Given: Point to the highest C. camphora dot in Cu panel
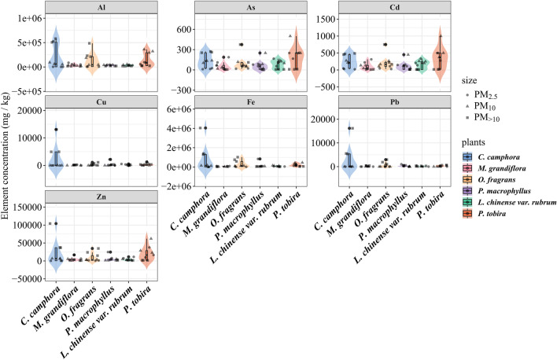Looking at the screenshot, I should [x=56, y=130].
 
